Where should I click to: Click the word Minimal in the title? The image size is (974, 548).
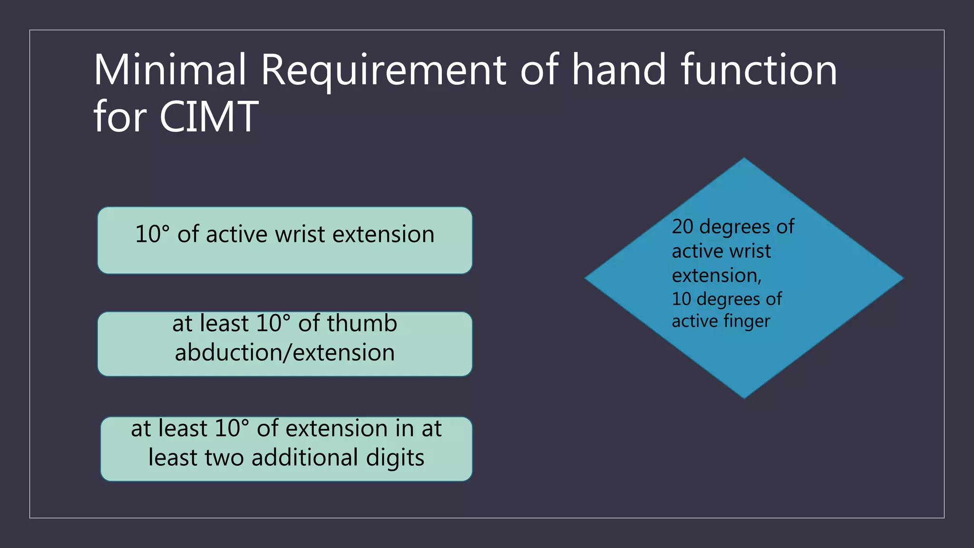point(170,70)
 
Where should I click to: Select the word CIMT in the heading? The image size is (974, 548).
point(209,117)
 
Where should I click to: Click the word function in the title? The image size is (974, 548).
point(759,70)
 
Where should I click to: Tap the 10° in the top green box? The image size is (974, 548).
point(152,235)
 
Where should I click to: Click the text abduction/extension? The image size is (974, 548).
point(284,353)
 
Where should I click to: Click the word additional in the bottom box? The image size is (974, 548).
point(304,458)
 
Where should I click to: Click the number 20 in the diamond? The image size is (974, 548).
point(682,227)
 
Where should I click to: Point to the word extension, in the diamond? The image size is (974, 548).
point(716,275)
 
